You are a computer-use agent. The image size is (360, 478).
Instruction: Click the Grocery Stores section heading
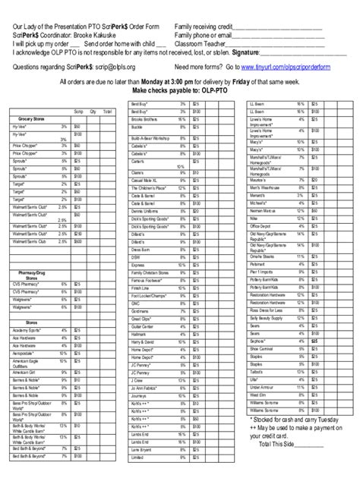coord(30,120)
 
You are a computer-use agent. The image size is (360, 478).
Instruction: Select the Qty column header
coord(93,111)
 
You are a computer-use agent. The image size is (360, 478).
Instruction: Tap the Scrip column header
coord(77,111)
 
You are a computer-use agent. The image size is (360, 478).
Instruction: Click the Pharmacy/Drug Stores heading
coord(30,274)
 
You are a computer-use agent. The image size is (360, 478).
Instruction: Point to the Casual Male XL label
coord(144,180)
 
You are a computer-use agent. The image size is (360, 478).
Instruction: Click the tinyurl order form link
coord(295,67)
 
